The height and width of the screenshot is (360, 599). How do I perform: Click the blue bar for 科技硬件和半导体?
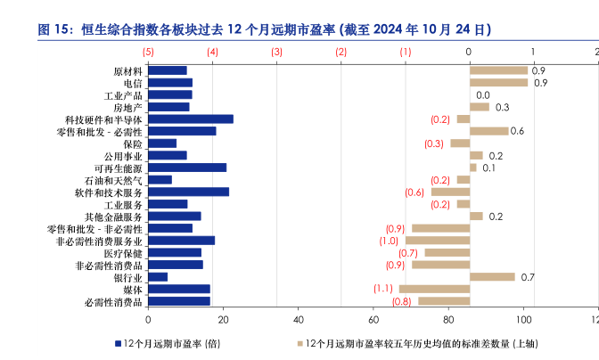191,119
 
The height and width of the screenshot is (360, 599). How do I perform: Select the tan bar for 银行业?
492,277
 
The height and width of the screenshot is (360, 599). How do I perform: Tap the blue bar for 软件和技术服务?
188,192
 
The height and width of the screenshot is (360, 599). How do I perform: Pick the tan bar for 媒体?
434,289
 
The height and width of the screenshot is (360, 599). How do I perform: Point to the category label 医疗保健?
122,253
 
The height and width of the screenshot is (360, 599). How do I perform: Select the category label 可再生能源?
118,168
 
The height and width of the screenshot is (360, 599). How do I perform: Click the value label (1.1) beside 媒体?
383,289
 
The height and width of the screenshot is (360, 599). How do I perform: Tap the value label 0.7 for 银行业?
527,277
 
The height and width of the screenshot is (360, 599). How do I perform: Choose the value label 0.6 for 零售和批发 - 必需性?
517,131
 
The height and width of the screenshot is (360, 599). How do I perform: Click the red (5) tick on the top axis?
148,52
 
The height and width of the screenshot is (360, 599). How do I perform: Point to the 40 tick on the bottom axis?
299,319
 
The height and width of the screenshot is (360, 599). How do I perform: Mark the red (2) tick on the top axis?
341,52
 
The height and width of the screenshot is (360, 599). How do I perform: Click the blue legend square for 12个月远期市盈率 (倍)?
119,343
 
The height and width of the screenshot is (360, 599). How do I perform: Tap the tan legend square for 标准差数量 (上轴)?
299,343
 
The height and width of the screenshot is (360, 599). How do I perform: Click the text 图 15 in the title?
54,29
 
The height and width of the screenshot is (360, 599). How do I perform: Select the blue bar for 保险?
162,143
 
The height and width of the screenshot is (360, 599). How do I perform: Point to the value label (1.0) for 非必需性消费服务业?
389,241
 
